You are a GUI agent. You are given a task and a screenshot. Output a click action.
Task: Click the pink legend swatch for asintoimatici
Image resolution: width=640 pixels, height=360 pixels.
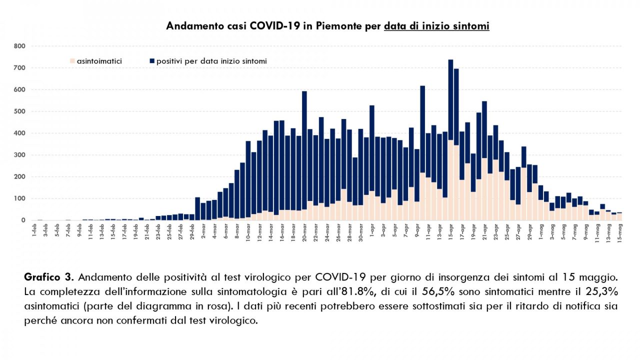click(x=72, y=61)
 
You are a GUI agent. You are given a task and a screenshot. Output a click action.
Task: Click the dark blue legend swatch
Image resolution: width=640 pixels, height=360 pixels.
click(x=152, y=61)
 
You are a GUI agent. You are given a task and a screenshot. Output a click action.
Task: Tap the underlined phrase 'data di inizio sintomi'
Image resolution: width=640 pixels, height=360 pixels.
click(x=436, y=26)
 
